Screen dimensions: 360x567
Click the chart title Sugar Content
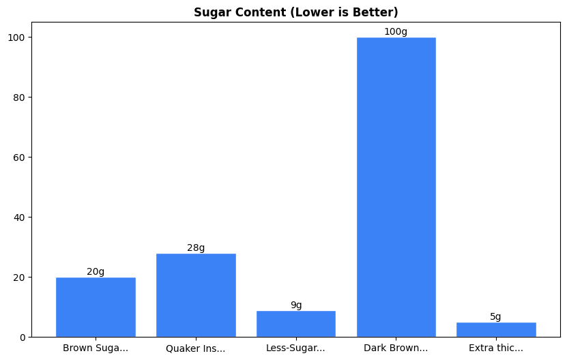click(295, 12)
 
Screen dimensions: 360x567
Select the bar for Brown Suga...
click(96, 307)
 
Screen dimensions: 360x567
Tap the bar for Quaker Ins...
click(196, 295)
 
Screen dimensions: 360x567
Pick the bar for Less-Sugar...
click(296, 324)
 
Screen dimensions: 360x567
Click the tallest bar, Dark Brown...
click(396, 187)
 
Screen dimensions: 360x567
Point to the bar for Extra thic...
click(496, 329)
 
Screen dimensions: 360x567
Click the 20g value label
click(96, 272)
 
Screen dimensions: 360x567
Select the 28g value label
click(196, 248)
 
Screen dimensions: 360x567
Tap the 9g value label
click(296, 305)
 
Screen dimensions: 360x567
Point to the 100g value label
click(396, 32)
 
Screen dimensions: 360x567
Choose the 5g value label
click(496, 317)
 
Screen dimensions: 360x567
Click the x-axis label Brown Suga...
click(96, 348)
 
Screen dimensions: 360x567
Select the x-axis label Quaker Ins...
click(196, 349)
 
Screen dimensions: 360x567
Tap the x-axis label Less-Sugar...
click(296, 348)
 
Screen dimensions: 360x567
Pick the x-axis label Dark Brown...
click(396, 348)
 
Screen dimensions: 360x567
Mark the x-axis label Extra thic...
click(496, 348)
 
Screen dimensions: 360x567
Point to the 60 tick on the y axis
click(19, 157)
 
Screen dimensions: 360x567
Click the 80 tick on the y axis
click(19, 97)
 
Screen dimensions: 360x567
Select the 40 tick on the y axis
click(19, 217)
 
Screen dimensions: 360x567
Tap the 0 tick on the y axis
click(22, 337)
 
